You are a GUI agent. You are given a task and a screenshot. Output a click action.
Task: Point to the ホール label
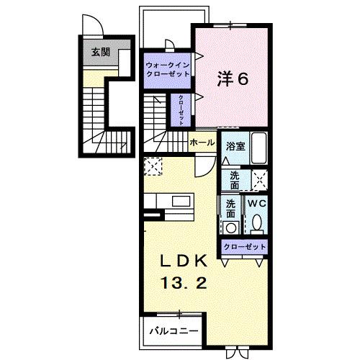(x=202, y=143)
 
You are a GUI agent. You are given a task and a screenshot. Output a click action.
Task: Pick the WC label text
(x=257, y=204)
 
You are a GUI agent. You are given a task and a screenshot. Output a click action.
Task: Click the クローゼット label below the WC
(x=244, y=247)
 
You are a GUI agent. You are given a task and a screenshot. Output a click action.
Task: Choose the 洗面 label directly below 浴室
(x=235, y=179)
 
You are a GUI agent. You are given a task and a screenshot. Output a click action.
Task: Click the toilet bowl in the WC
(x=257, y=225)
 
